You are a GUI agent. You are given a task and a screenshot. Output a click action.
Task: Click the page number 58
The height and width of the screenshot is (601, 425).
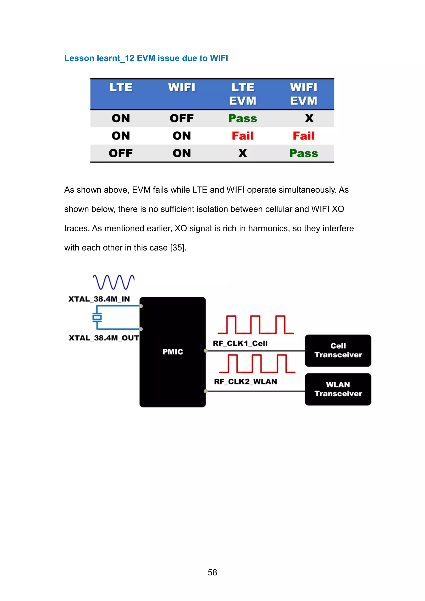pos(212,572)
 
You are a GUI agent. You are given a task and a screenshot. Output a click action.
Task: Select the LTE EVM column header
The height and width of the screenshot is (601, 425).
pos(243,94)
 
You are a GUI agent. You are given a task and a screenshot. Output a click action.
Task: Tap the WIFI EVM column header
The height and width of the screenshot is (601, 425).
pos(304,94)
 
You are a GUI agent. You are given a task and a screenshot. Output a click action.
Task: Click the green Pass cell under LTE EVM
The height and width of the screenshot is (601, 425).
pos(243,118)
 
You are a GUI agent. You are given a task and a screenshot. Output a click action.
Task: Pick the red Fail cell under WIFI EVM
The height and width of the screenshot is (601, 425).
pos(304,136)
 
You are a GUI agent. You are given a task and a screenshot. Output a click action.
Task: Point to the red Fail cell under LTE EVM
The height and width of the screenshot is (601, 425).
pos(243,136)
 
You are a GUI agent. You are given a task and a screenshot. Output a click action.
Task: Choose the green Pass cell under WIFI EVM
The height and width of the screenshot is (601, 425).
pos(304,153)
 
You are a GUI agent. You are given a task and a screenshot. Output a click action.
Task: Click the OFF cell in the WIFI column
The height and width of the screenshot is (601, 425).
pos(182,118)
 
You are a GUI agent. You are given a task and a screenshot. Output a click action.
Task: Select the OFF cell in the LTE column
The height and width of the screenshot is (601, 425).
pos(121,153)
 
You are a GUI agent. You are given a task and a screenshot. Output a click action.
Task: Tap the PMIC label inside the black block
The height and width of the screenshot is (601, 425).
pos(173,352)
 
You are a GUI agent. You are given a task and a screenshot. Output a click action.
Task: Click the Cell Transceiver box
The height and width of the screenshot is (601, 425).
pos(338,350)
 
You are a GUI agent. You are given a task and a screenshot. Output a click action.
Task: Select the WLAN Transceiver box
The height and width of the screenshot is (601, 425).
pos(338,389)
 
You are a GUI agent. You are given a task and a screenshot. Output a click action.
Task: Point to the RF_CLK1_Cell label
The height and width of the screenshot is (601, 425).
pos(240,343)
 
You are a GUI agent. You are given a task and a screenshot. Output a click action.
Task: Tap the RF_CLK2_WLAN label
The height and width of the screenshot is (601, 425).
pos(245,382)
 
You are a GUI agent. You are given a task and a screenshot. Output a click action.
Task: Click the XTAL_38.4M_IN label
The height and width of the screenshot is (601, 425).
pos(99,299)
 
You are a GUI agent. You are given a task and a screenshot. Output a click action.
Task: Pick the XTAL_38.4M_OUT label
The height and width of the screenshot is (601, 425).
pos(104,338)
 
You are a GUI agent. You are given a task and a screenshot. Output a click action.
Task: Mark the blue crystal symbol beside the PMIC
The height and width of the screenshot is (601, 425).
pos(97,317)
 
